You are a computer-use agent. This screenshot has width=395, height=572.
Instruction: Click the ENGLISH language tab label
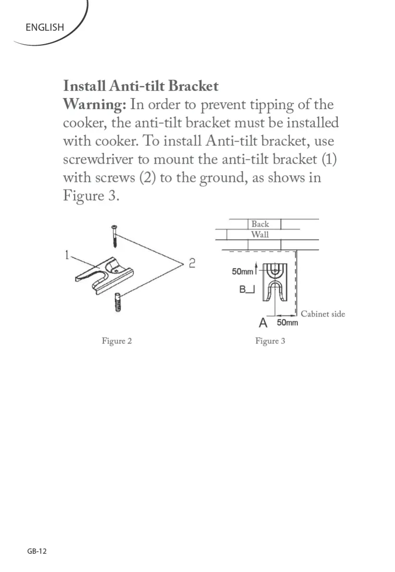44,27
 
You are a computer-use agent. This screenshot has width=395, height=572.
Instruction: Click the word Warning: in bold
94,105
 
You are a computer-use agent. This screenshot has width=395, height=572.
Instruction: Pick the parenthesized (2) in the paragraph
148,178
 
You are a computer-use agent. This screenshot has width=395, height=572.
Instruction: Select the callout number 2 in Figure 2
192,263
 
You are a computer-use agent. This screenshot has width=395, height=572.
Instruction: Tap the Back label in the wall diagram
260,224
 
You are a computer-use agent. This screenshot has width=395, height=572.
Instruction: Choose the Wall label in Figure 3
260,235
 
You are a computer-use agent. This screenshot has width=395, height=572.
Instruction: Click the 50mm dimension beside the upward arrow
242,271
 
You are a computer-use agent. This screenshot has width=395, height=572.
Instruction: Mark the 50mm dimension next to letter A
287,322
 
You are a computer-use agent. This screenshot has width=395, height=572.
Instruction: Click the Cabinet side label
323,314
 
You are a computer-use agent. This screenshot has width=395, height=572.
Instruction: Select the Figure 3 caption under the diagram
270,341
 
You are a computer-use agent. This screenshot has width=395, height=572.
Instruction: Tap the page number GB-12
37,551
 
